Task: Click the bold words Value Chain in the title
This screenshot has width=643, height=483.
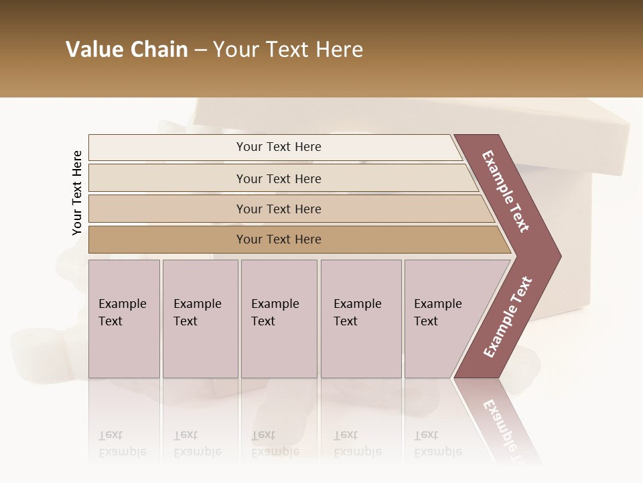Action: (127, 50)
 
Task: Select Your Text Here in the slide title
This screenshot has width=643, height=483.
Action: (288, 50)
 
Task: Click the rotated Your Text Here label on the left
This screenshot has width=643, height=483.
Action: (77, 193)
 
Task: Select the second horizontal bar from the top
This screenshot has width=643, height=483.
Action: (278, 178)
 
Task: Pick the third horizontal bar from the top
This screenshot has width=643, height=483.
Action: (278, 209)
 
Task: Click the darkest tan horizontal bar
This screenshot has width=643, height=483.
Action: (278, 239)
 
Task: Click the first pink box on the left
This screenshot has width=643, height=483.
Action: (124, 318)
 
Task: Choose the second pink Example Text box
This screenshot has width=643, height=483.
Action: (200, 318)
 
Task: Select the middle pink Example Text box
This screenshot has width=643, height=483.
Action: (279, 318)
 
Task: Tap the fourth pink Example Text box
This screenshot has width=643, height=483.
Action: (361, 318)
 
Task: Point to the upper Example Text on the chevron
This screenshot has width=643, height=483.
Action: (506, 191)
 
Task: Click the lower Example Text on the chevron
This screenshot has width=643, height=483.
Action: (508, 317)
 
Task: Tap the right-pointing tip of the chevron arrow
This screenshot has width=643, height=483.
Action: (558, 256)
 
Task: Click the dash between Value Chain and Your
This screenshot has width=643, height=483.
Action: (200, 50)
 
